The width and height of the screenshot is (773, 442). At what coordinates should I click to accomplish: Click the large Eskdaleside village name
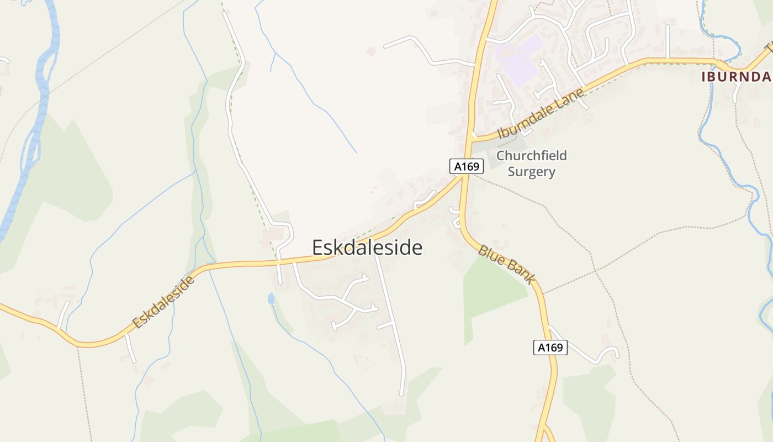[367, 248]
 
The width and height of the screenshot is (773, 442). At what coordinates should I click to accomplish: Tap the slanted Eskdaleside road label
[164, 302]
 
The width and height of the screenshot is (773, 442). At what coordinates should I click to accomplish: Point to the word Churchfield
[531, 156]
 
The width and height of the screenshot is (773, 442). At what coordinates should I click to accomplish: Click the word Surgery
[531, 172]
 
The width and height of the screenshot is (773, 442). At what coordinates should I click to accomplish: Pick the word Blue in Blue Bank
[490, 254]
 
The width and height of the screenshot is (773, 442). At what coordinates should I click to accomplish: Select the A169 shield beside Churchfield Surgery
[466, 166]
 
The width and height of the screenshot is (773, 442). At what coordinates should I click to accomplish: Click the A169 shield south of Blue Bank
[550, 348]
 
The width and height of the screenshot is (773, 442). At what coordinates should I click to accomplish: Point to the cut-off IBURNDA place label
[736, 77]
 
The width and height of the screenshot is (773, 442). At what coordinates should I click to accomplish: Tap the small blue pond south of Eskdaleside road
[271, 299]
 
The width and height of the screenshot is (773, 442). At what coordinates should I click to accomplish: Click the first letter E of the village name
[318, 248]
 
